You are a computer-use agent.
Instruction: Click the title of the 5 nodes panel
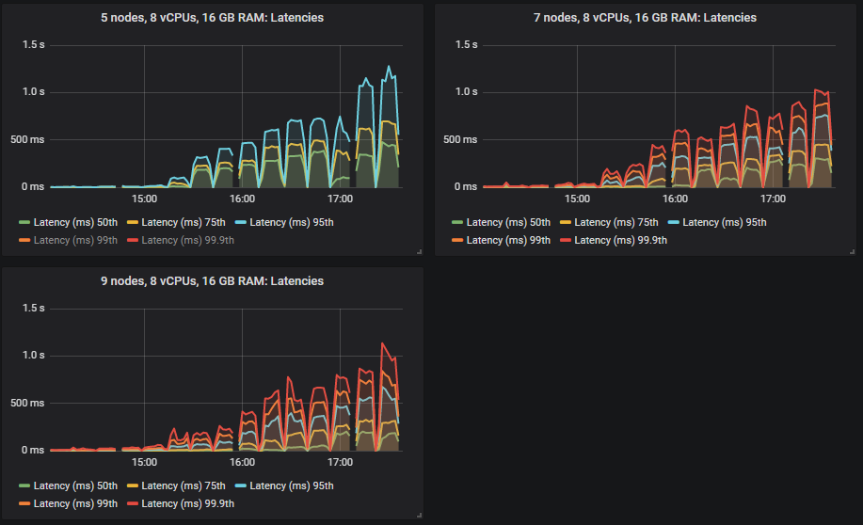point(213,18)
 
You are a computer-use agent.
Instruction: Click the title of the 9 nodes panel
point(213,281)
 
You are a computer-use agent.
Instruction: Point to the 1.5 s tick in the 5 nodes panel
point(34,44)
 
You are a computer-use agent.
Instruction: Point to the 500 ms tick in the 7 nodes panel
point(463,139)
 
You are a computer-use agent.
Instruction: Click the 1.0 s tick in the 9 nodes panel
point(34,356)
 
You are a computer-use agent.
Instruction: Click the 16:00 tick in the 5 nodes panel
point(242,199)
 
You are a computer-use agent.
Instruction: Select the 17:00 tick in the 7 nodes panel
point(773,199)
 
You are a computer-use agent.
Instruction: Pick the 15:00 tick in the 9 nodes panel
point(144,463)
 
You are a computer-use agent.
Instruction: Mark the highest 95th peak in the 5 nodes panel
point(389,66)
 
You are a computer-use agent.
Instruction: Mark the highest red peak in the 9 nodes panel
point(382,343)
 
